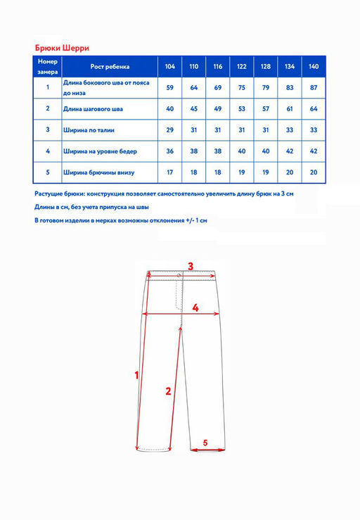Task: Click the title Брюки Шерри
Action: (x=62, y=48)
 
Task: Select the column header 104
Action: (x=169, y=66)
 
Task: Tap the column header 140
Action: (x=314, y=66)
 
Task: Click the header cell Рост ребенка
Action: (x=110, y=66)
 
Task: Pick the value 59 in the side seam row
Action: (x=169, y=87)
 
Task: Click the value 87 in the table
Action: (x=314, y=87)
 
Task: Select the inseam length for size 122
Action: (x=242, y=109)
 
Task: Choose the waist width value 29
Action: (x=169, y=130)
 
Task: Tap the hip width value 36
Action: (x=169, y=151)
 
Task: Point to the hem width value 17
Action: (x=169, y=172)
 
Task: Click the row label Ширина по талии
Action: (x=89, y=130)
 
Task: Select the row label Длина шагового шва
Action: (x=93, y=109)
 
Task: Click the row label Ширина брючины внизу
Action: (x=98, y=172)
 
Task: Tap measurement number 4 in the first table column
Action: (x=48, y=151)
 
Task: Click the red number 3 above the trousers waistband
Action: (x=191, y=266)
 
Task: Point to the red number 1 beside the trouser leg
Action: (x=136, y=376)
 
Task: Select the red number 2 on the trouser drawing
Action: (x=168, y=391)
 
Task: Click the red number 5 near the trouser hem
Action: (x=205, y=443)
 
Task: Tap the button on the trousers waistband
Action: (x=179, y=276)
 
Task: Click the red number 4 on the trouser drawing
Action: (x=195, y=307)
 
